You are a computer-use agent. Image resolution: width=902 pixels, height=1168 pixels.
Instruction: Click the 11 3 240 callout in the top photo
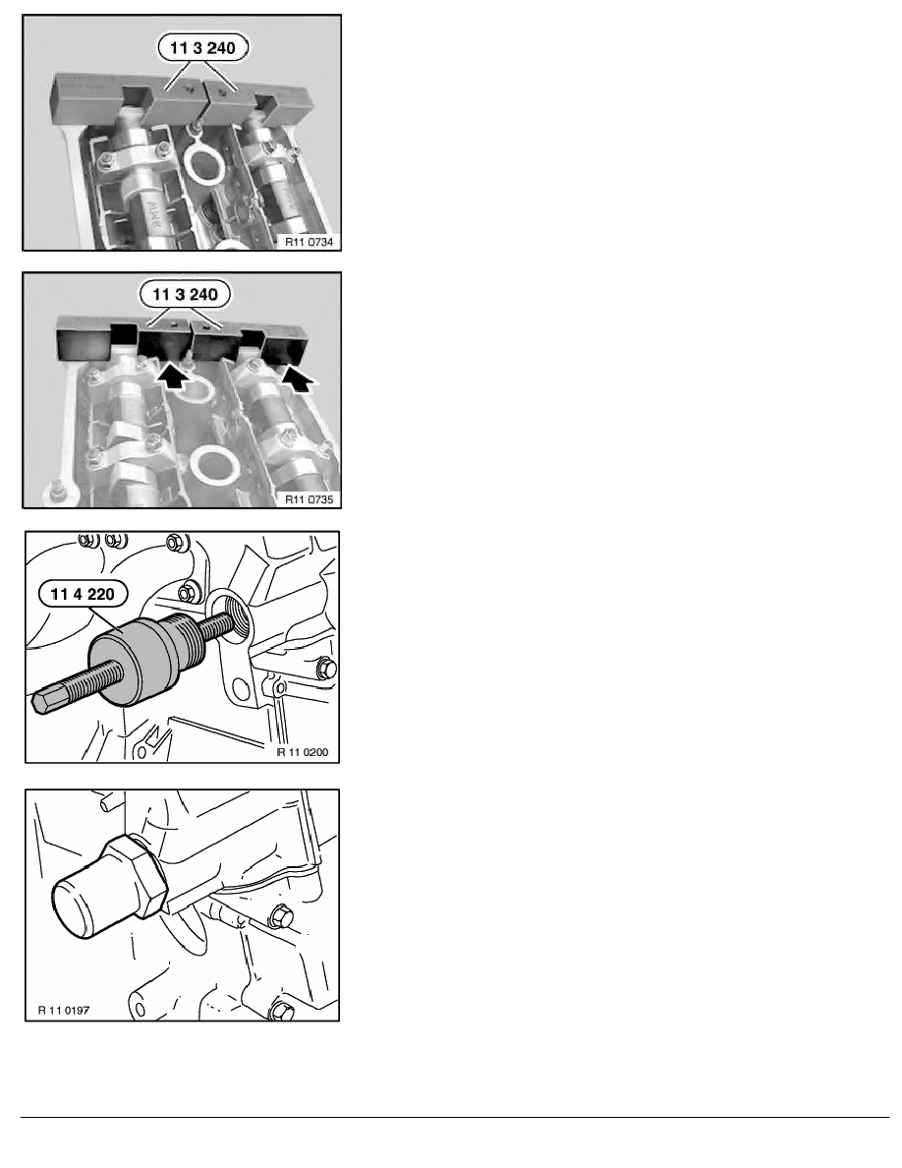tap(202, 48)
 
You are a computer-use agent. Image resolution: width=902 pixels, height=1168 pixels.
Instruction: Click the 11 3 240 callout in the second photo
tap(185, 295)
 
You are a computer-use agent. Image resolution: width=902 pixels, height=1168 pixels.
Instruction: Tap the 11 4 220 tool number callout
tap(83, 595)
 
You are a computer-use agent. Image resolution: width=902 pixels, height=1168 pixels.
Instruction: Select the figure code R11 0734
tap(309, 241)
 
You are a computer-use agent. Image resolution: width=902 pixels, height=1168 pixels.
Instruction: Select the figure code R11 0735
tap(309, 499)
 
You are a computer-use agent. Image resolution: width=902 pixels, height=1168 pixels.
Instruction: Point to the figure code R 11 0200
tap(303, 752)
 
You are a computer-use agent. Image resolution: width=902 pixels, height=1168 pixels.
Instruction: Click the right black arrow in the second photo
tap(299, 378)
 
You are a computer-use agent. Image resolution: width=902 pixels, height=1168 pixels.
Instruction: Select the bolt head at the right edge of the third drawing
tap(325, 669)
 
